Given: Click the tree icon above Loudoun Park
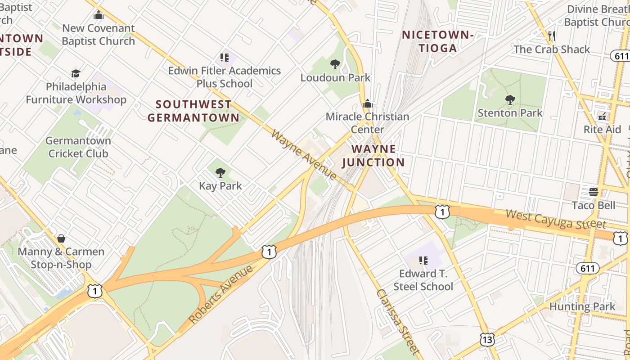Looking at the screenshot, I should tap(335, 64).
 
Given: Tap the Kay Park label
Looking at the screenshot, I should tap(220, 185).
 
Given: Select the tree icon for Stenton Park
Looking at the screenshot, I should tap(510, 100).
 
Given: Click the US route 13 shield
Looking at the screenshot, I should tap(487, 339).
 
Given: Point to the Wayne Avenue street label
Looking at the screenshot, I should tap(304, 155).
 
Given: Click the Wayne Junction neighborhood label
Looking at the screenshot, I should tap(373, 155).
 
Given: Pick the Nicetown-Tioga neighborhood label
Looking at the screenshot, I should tap(437, 41).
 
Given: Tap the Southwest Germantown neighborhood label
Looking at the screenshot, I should tap(193, 111).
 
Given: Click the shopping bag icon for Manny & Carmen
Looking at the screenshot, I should tap(61, 238).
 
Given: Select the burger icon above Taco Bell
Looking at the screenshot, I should tap(593, 192).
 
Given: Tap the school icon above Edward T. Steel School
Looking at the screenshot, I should tap(423, 260).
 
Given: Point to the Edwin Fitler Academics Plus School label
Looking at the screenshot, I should tap(224, 77).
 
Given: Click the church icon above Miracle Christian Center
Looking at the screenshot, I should tap(368, 104).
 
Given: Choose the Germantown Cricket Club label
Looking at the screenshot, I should tap(78, 147).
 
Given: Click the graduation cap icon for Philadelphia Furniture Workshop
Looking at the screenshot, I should tap(76, 73).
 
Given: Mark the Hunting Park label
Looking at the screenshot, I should tap(582, 307).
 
